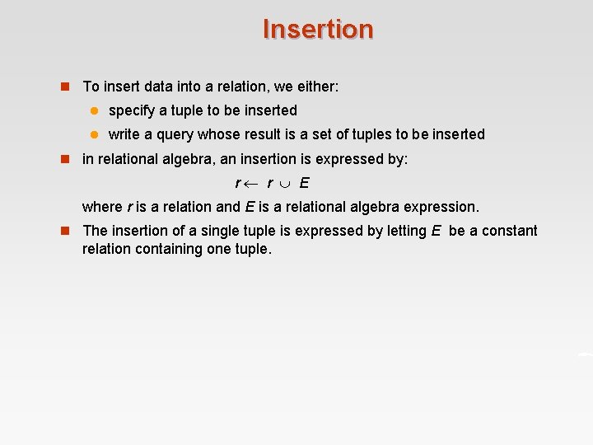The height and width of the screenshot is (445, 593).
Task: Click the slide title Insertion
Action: pyautogui.click(x=318, y=30)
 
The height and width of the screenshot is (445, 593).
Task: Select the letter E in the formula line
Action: pyautogui.click(x=304, y=183)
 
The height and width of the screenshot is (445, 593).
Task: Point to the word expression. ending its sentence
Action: pyautogui.click(x=441, y=207)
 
